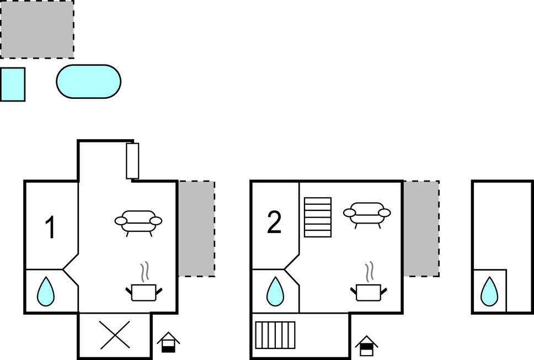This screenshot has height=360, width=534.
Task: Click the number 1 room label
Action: click(50, 227)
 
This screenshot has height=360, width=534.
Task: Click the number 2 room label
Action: click(274, 223)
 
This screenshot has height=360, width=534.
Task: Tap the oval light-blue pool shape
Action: click(88, 82)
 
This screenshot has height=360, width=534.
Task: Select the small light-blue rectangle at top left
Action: click(12, 84)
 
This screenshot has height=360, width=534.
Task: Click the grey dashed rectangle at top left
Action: click(37, 29)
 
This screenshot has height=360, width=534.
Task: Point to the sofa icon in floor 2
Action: click(367, 214)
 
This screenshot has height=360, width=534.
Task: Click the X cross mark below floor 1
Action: click(115, 335)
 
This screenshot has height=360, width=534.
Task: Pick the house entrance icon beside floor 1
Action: click(169, 343)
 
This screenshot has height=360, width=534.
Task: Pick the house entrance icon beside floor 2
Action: click(366, 346)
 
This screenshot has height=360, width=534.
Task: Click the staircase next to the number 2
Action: click(318, 217)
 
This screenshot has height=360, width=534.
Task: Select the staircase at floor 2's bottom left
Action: click(275, 335)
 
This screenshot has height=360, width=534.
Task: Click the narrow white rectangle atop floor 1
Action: click(132, 161)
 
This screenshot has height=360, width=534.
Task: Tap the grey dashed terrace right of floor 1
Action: click(196, 229)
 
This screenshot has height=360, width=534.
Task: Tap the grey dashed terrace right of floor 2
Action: click(421, 229)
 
